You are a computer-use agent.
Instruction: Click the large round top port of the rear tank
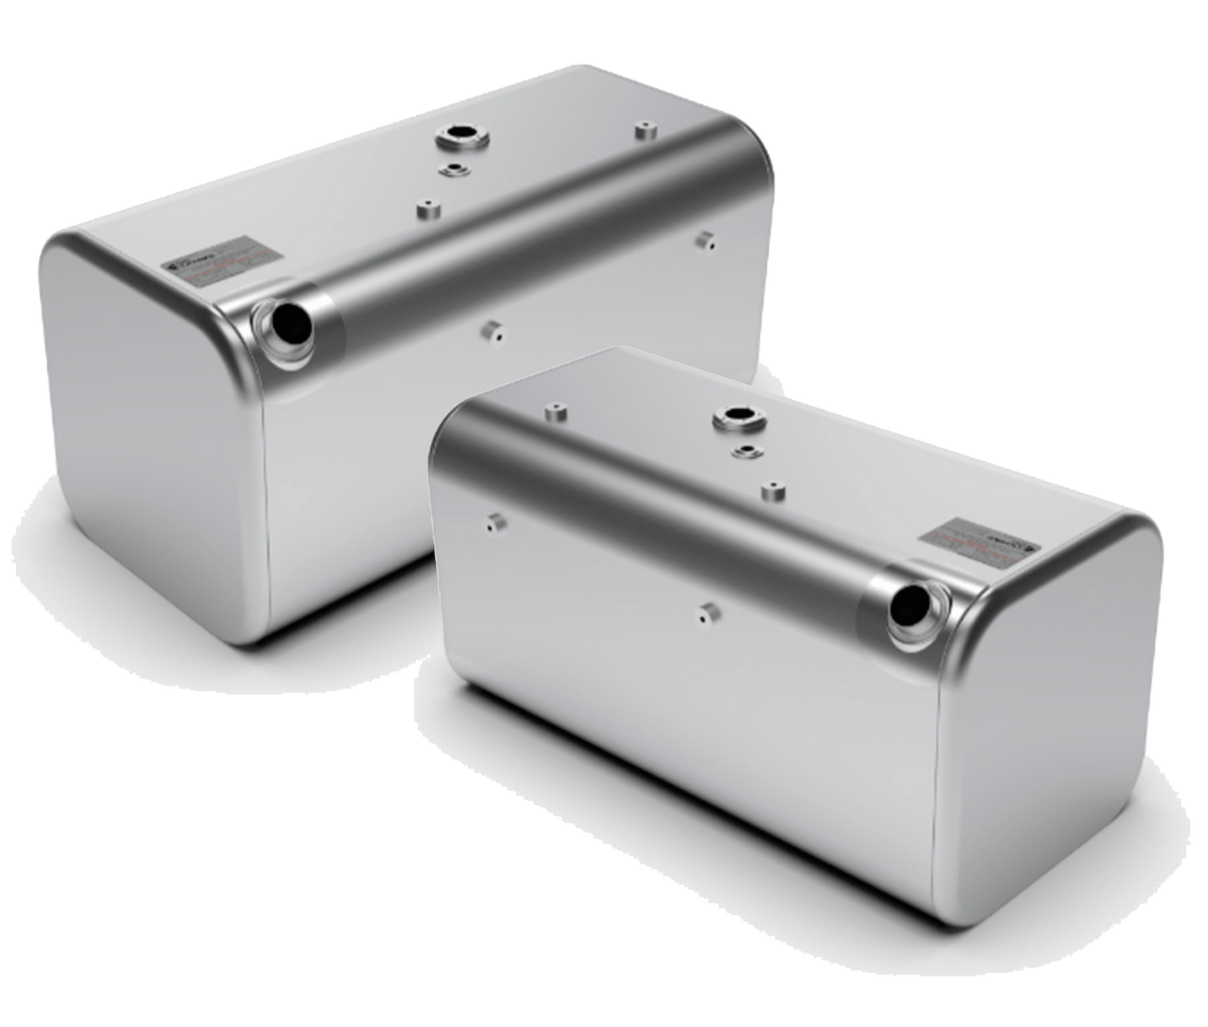point(461,135)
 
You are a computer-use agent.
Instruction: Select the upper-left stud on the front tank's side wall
point(494,520)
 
